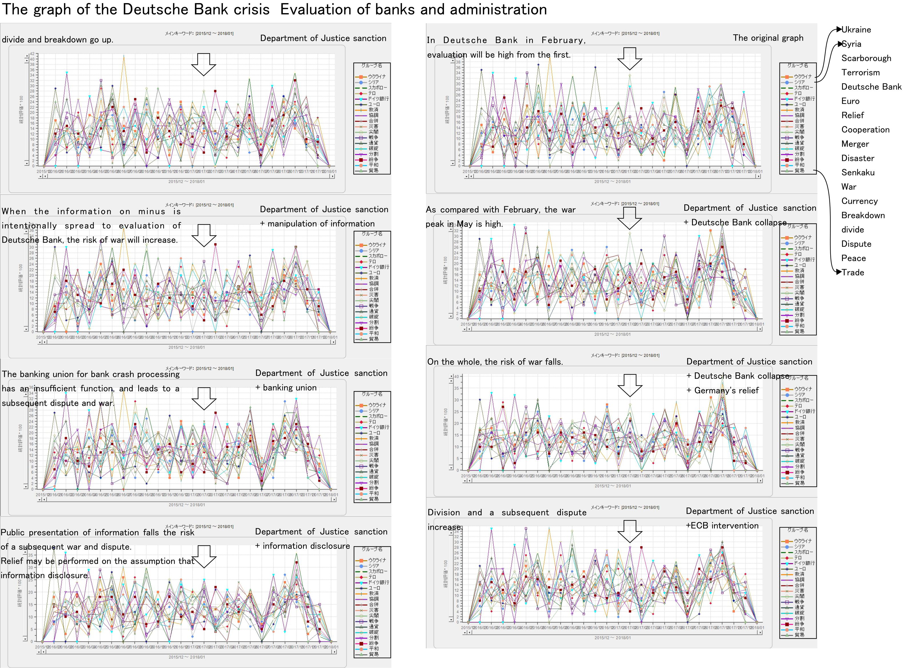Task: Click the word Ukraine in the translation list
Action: pos(856,29)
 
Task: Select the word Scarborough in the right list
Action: pos(866,58)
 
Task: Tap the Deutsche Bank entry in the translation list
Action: pos(871,87)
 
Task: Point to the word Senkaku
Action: pos(858,173)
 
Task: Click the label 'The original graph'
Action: pos(768,38)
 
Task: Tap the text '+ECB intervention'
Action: pos(722,526)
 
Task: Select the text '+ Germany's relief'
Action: pos(723,391)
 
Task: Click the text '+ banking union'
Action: pos(286,388)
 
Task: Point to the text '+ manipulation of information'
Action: pos(317,224)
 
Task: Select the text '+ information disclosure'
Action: pos(302,546)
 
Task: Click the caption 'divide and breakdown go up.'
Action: pos(57,40)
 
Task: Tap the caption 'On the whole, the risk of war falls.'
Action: pos(495,362)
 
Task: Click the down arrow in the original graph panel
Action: pos(629,58)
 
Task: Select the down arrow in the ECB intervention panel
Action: pos(629,531)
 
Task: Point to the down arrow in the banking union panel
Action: pos(204,398)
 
